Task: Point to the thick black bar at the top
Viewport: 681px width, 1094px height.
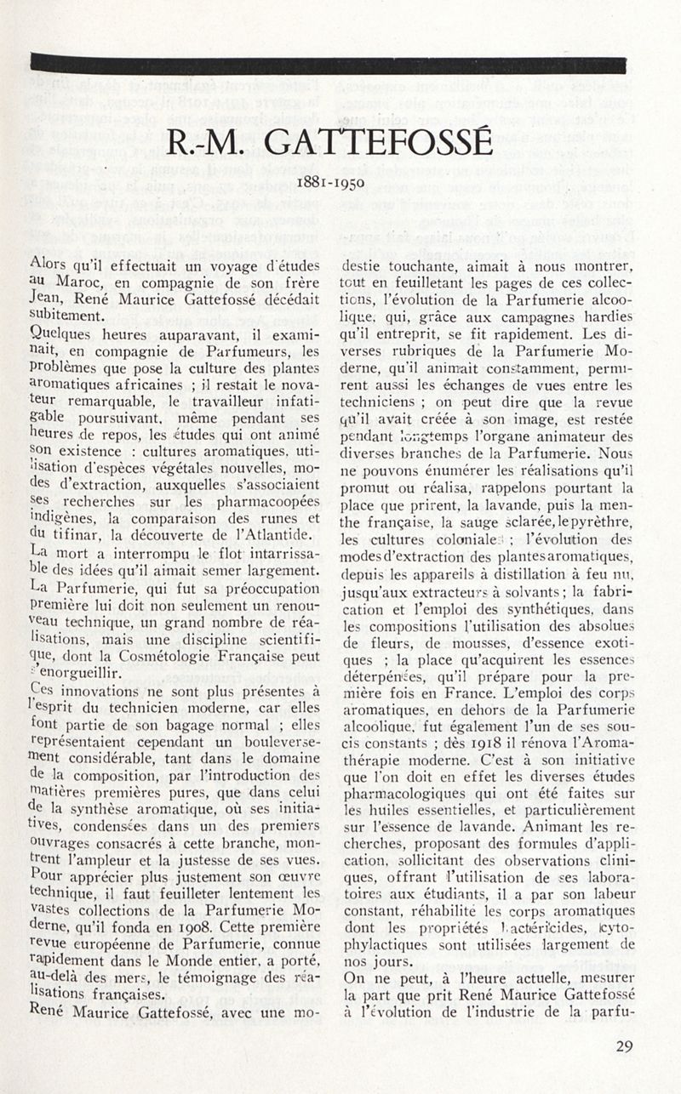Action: [x=328, y=65]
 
